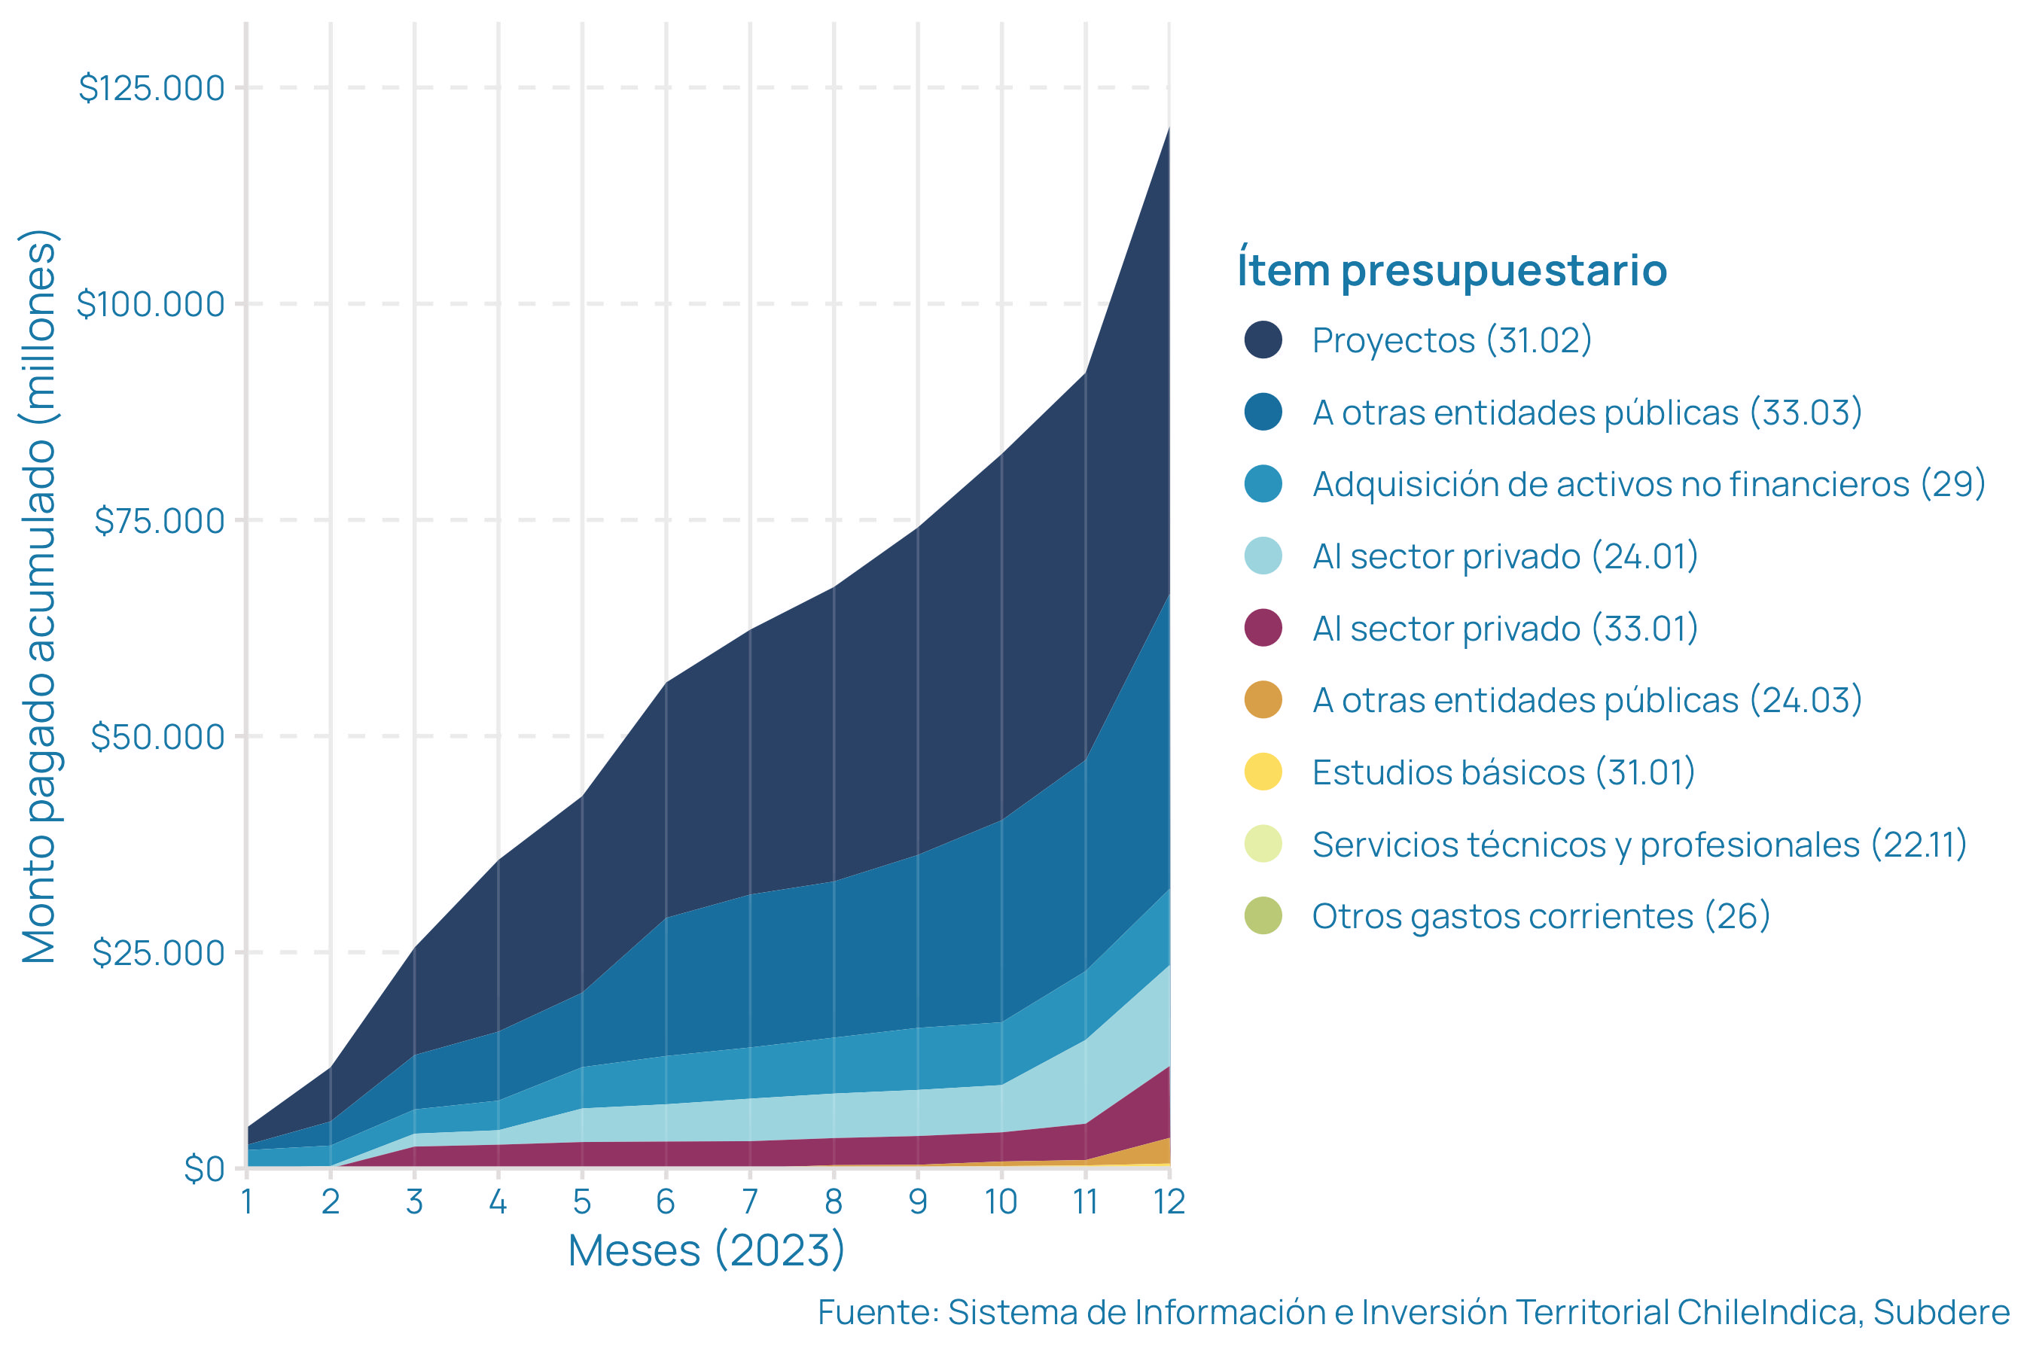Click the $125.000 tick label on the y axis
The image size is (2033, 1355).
coord(151,88)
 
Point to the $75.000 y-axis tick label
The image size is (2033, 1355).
coord(159,521)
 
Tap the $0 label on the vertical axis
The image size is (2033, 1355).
coord(204,1169)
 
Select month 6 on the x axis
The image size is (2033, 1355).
coord(665,1201)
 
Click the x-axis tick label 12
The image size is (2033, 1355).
coord(1169,1201)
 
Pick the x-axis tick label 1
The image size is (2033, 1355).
coord(247,1201)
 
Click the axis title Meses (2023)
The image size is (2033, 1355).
coord(706,1250)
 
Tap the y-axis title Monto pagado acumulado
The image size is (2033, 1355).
coord(40,596)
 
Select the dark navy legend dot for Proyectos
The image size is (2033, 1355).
coord(1263,340)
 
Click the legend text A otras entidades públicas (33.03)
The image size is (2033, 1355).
coord(1586,413)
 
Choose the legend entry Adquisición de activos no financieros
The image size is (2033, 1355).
coord(1647,484)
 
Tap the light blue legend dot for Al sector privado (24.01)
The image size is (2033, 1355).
coord(1263,556)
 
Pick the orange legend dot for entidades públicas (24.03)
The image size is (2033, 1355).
coord(1263,700)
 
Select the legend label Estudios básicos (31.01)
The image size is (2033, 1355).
coord(1503,772)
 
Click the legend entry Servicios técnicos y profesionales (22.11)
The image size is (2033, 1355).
coord(1639,845)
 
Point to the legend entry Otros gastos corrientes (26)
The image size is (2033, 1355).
coord(1541,916)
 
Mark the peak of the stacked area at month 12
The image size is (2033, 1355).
coord(1169,128)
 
